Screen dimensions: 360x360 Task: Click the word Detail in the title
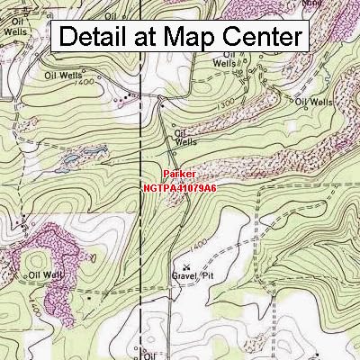(x=98, y=37)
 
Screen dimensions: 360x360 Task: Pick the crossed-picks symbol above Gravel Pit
(x=187, y=266)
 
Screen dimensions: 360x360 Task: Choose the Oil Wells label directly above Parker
(x=185, y=136)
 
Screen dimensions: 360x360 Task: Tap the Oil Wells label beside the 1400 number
(x=61, y=76)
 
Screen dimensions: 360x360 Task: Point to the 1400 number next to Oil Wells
(x=85, y=84)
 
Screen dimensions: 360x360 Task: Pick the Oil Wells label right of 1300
(x=314, y=102)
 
